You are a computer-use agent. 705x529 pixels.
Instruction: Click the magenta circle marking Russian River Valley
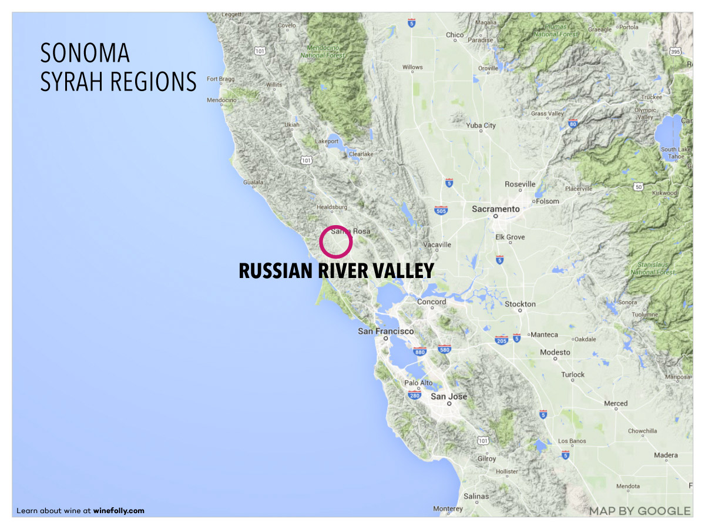[335, 242]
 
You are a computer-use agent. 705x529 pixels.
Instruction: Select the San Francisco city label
[386, 332]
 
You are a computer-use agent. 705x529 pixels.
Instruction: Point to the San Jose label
[449, 397]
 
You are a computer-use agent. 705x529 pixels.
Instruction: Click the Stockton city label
[520, 304]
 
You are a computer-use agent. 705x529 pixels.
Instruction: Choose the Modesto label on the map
[555, 352]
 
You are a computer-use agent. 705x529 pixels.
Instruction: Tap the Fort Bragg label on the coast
[221, 79]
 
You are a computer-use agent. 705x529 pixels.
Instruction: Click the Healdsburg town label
[333, 207]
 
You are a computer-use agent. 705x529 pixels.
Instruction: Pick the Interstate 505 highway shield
[441, 210]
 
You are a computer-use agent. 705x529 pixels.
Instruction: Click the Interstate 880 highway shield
[419, 351]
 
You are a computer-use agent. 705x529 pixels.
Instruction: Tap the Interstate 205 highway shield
[501, 340]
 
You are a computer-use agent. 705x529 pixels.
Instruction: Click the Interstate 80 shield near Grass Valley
[573, 123]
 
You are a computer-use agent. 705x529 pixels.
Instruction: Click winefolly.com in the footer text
[119, 511]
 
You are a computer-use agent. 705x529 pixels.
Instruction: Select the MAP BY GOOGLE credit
[640, 511]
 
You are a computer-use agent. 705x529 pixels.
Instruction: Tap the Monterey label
[448, 508]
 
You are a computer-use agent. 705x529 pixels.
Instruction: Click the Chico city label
[455, 35]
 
